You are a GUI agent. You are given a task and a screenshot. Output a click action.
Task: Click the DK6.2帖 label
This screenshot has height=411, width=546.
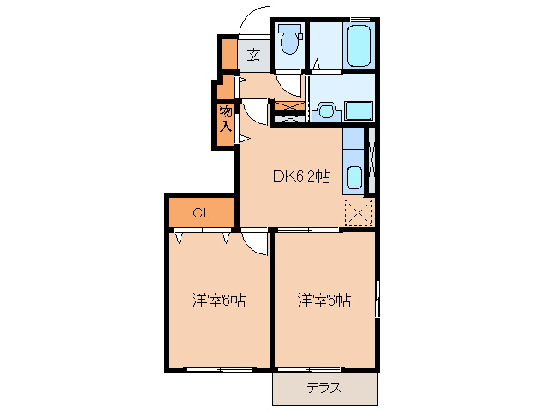click(x=300, y=177)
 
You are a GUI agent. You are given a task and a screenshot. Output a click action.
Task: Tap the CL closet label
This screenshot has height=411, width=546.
click(x=201, y=213)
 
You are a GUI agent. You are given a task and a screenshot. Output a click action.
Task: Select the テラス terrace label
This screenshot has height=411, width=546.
click(x=324, y=388)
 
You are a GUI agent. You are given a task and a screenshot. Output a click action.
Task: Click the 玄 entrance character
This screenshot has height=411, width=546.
click(x=254, y=56)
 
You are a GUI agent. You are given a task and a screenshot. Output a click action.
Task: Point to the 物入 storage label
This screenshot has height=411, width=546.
click(x=225, y=118)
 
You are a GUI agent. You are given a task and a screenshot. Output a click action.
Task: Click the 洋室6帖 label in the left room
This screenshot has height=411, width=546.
click(x=219, y=301)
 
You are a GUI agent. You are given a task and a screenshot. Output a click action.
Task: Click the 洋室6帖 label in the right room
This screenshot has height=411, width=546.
click(x=324, y=301)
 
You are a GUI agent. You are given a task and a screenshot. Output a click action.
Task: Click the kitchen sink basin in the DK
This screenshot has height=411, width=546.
click(x=354, y=178)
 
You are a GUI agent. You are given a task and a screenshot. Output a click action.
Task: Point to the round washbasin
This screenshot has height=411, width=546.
click(x=325, y=110)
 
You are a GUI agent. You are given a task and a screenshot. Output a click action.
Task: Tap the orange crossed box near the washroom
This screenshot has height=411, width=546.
click(x=289, y=108)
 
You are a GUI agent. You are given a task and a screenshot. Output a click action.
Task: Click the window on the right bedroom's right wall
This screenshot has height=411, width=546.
click(x=377, y=298)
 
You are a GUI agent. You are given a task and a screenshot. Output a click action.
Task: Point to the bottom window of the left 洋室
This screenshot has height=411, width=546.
click(x=219, y=370)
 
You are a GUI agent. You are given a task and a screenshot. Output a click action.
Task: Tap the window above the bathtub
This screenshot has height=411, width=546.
click(x=360, y=19)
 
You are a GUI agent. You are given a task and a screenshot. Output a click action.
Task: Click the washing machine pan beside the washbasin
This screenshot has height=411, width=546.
click(x=358, y=110)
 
